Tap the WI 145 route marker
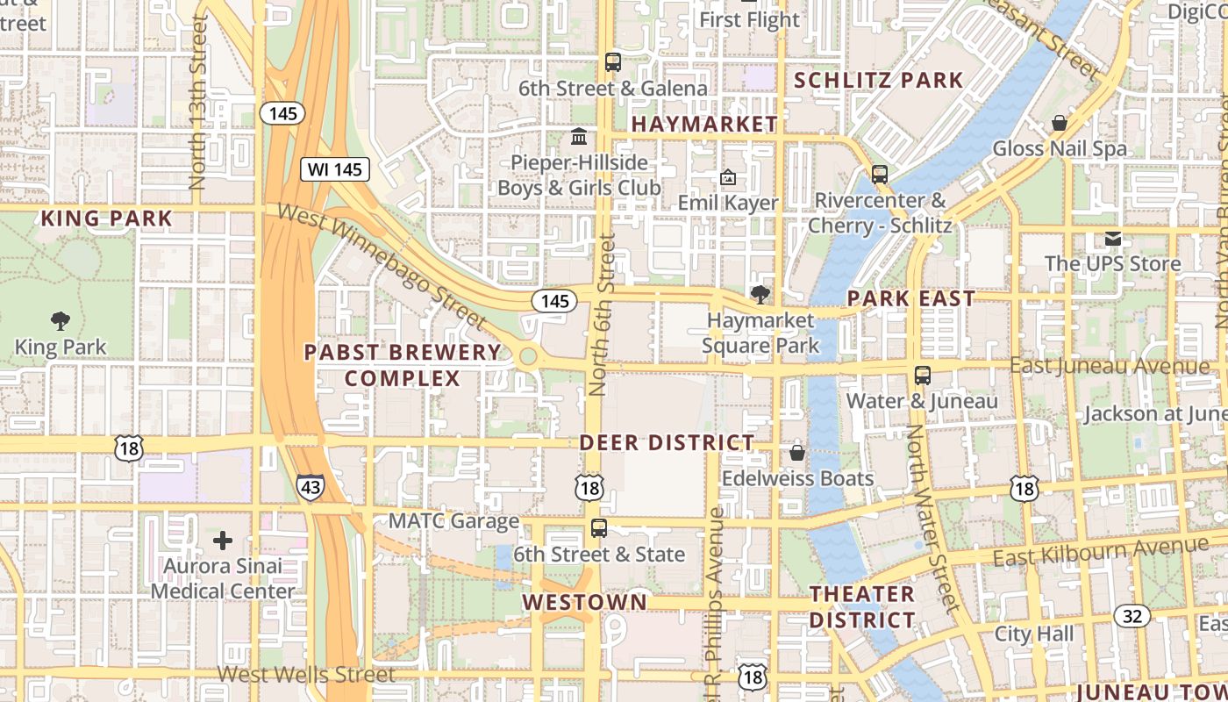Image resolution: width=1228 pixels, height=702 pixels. (x=335, y=169)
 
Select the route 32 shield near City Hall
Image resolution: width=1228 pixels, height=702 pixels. (x=1132, y=615)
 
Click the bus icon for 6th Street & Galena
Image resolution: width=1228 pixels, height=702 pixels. (x=612, y=62)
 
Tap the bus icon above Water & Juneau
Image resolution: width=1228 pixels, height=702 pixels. (x=922, y=376)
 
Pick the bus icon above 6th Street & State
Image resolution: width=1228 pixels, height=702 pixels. (x=599, y=528)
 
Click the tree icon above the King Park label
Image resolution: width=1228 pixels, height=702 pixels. (x=61, y=320)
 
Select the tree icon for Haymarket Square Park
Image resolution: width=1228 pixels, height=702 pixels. (x=760, y=295)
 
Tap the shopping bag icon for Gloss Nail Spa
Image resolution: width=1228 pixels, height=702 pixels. (x=1059, y=123)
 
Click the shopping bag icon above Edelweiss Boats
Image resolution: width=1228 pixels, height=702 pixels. (x=797, y=453)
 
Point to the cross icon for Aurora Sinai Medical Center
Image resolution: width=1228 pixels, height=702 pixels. (x=223, y=540)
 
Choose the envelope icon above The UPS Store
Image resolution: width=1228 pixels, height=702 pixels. (x=1112, y=238)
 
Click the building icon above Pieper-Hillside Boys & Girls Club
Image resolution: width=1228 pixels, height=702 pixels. (x=579, y=137)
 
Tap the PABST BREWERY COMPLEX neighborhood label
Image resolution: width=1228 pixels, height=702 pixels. (x=403, y=365)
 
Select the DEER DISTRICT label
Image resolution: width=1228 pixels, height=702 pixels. (x=667, y=442)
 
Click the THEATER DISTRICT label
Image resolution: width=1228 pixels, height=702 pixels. (x=861, y=606)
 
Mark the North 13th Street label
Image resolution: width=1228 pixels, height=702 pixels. (x=197, y=101)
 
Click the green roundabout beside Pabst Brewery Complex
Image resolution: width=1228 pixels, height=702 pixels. (x=528, y=356)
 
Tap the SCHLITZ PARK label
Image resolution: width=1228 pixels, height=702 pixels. (x=878, y=81)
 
